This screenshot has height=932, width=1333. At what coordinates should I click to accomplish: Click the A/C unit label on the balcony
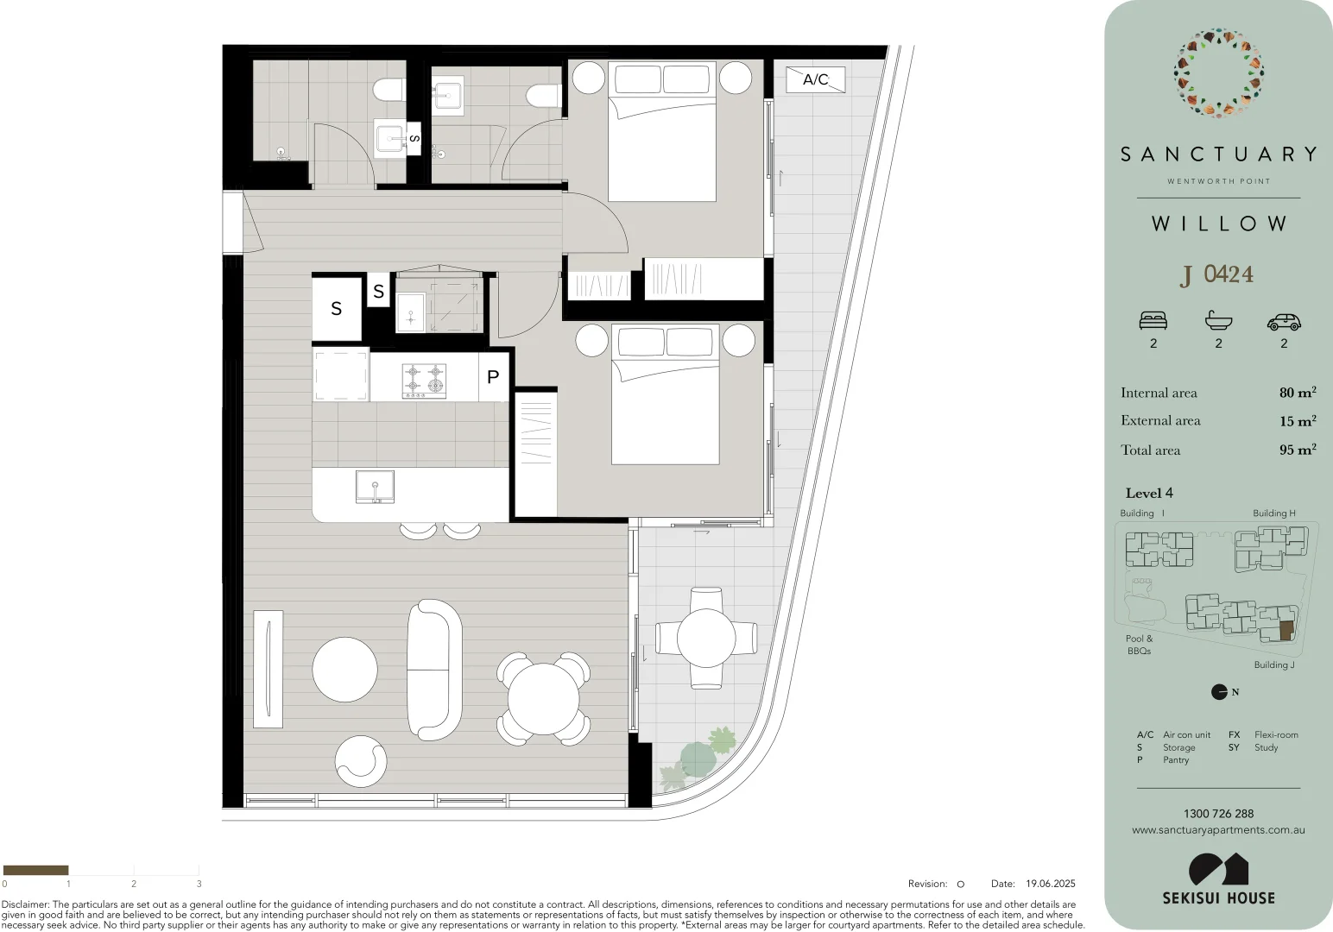pos(815,79)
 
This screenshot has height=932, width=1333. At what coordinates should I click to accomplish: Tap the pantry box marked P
pos(493,376)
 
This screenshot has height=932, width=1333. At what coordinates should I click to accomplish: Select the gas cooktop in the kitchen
pos(424,381)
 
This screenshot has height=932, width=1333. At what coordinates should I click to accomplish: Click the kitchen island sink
pos(375,487)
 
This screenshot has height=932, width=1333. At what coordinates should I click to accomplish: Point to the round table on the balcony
pos(706,639)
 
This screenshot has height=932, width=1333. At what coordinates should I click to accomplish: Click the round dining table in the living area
pos(543,699)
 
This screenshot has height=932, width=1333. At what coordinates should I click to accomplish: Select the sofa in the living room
pos(434,670)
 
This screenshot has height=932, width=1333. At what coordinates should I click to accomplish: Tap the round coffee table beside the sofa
pos(344,670)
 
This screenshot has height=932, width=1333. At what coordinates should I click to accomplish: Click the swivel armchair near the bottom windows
pos(361,761)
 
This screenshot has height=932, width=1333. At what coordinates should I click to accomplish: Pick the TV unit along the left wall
pos(268,669)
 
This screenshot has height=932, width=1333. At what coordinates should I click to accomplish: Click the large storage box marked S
pos(337,308)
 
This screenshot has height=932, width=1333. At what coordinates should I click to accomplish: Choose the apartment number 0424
pos(1229,274)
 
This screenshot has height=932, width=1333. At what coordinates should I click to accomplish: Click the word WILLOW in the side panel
pos(1219,224)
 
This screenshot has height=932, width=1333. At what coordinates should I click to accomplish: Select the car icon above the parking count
pos(1284,321)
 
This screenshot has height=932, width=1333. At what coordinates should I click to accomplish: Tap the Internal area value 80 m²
pos(1297,393)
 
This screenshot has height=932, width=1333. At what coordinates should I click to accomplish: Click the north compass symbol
pos(1219,691)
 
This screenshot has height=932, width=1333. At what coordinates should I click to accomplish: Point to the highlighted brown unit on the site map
pos(1286,630)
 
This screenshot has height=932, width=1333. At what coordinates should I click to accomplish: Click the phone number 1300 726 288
pos(1218,814)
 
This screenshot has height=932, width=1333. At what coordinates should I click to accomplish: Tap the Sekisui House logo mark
pos(1218,869)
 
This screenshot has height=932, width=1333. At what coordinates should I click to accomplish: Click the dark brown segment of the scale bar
pos(35,870)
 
